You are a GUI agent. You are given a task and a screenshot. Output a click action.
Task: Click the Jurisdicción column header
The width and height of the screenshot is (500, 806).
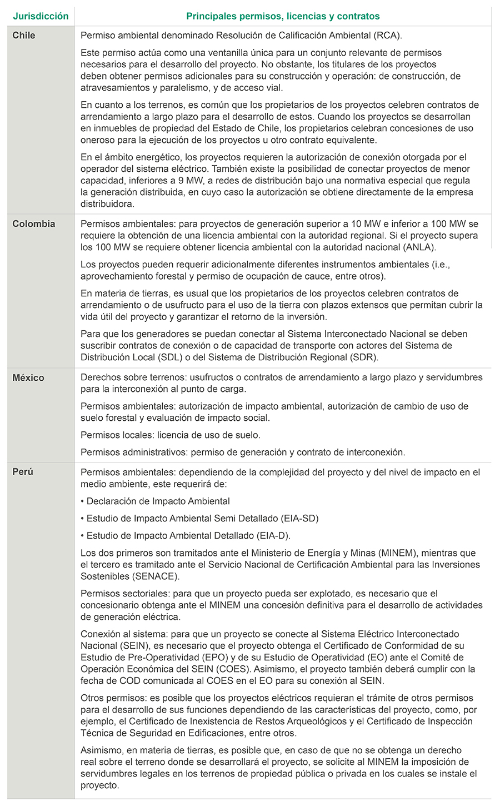click(x=41, y=16)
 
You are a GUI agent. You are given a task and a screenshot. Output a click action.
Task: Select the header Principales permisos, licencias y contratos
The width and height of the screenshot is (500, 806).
click(x=283, y=16)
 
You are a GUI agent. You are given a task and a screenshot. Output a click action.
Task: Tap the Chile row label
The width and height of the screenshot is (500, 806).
click(x=24, y=36)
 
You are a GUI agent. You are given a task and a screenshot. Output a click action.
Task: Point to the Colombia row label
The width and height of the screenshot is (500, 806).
click(x=34, y=224)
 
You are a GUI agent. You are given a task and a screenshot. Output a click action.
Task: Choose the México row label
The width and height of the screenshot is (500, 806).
click(x=28, y=378)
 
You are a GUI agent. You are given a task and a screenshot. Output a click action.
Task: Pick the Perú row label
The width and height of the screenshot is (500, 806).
click(x=23, y=472)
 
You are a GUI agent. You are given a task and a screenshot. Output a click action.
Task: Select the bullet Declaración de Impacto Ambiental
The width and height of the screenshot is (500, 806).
click(x=158, y=501)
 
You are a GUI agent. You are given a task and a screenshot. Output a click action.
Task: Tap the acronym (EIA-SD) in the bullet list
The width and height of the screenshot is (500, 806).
click(x=298, y=518)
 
